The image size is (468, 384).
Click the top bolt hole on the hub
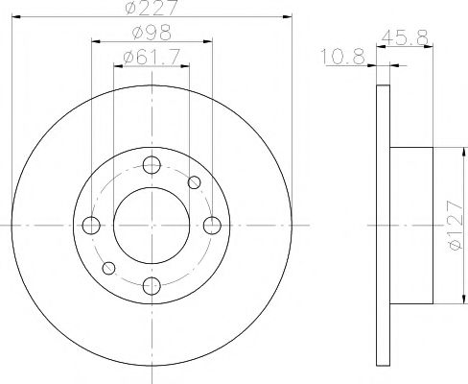(x=152, y=164)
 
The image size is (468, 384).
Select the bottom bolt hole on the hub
(x=152, y=284)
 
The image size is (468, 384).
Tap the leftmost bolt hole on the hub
(x=92, y=225)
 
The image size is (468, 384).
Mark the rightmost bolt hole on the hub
(x=212, y=225)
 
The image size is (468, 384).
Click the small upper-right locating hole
(x=195, y=182)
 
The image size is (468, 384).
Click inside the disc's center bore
(x=152, y=225)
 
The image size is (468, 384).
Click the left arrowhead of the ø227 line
(x=17, y=17)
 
